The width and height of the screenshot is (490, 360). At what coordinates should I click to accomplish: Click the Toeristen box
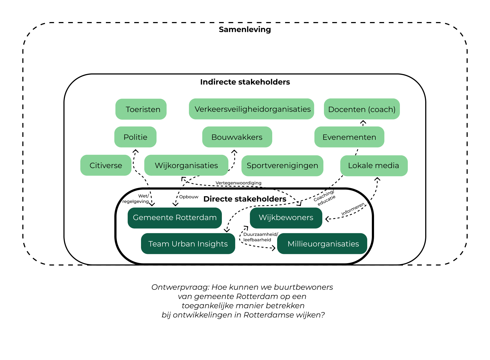[x=141, y=109]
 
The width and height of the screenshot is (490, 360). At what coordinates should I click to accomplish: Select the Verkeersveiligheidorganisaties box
[x=251, y=109]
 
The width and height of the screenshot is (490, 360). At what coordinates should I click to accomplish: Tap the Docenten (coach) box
[x=362, y=109]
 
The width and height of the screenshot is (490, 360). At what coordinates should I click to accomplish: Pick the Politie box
[x=135, y=137]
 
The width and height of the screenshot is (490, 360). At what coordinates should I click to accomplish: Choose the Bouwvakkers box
[x=237, y=137]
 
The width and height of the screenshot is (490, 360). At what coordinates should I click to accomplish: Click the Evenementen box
[x=349, y=137]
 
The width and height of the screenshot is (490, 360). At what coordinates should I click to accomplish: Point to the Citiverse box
[x=106, y=165]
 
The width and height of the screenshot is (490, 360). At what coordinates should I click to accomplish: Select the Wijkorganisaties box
[x=186, y=165]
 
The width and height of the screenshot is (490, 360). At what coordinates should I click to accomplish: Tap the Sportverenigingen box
[x=282, y=166]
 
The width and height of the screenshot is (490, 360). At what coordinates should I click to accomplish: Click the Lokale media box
[x=373, y=166]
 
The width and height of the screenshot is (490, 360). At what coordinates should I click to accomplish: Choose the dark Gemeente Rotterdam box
[x=174, y=218]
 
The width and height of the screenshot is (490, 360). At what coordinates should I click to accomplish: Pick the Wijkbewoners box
[x=286, y=218]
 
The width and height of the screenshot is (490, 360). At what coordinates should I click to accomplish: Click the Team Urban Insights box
[x=188, y=244]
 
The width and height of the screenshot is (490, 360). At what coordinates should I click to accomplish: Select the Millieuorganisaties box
[x=323, y=244]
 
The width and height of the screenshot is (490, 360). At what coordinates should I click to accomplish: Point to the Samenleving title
[x=245, y=29]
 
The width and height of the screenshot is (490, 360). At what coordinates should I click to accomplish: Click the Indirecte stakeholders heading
[x=245, y=82]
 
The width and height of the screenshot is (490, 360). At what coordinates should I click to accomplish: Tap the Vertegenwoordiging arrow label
[x=238, y=183]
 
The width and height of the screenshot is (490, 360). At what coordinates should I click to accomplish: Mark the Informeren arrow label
[x=353, y=209]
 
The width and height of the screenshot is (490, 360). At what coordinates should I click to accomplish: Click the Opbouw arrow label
[x=189, y=197]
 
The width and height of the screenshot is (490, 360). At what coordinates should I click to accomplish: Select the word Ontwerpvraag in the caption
[x=180, y=287]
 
